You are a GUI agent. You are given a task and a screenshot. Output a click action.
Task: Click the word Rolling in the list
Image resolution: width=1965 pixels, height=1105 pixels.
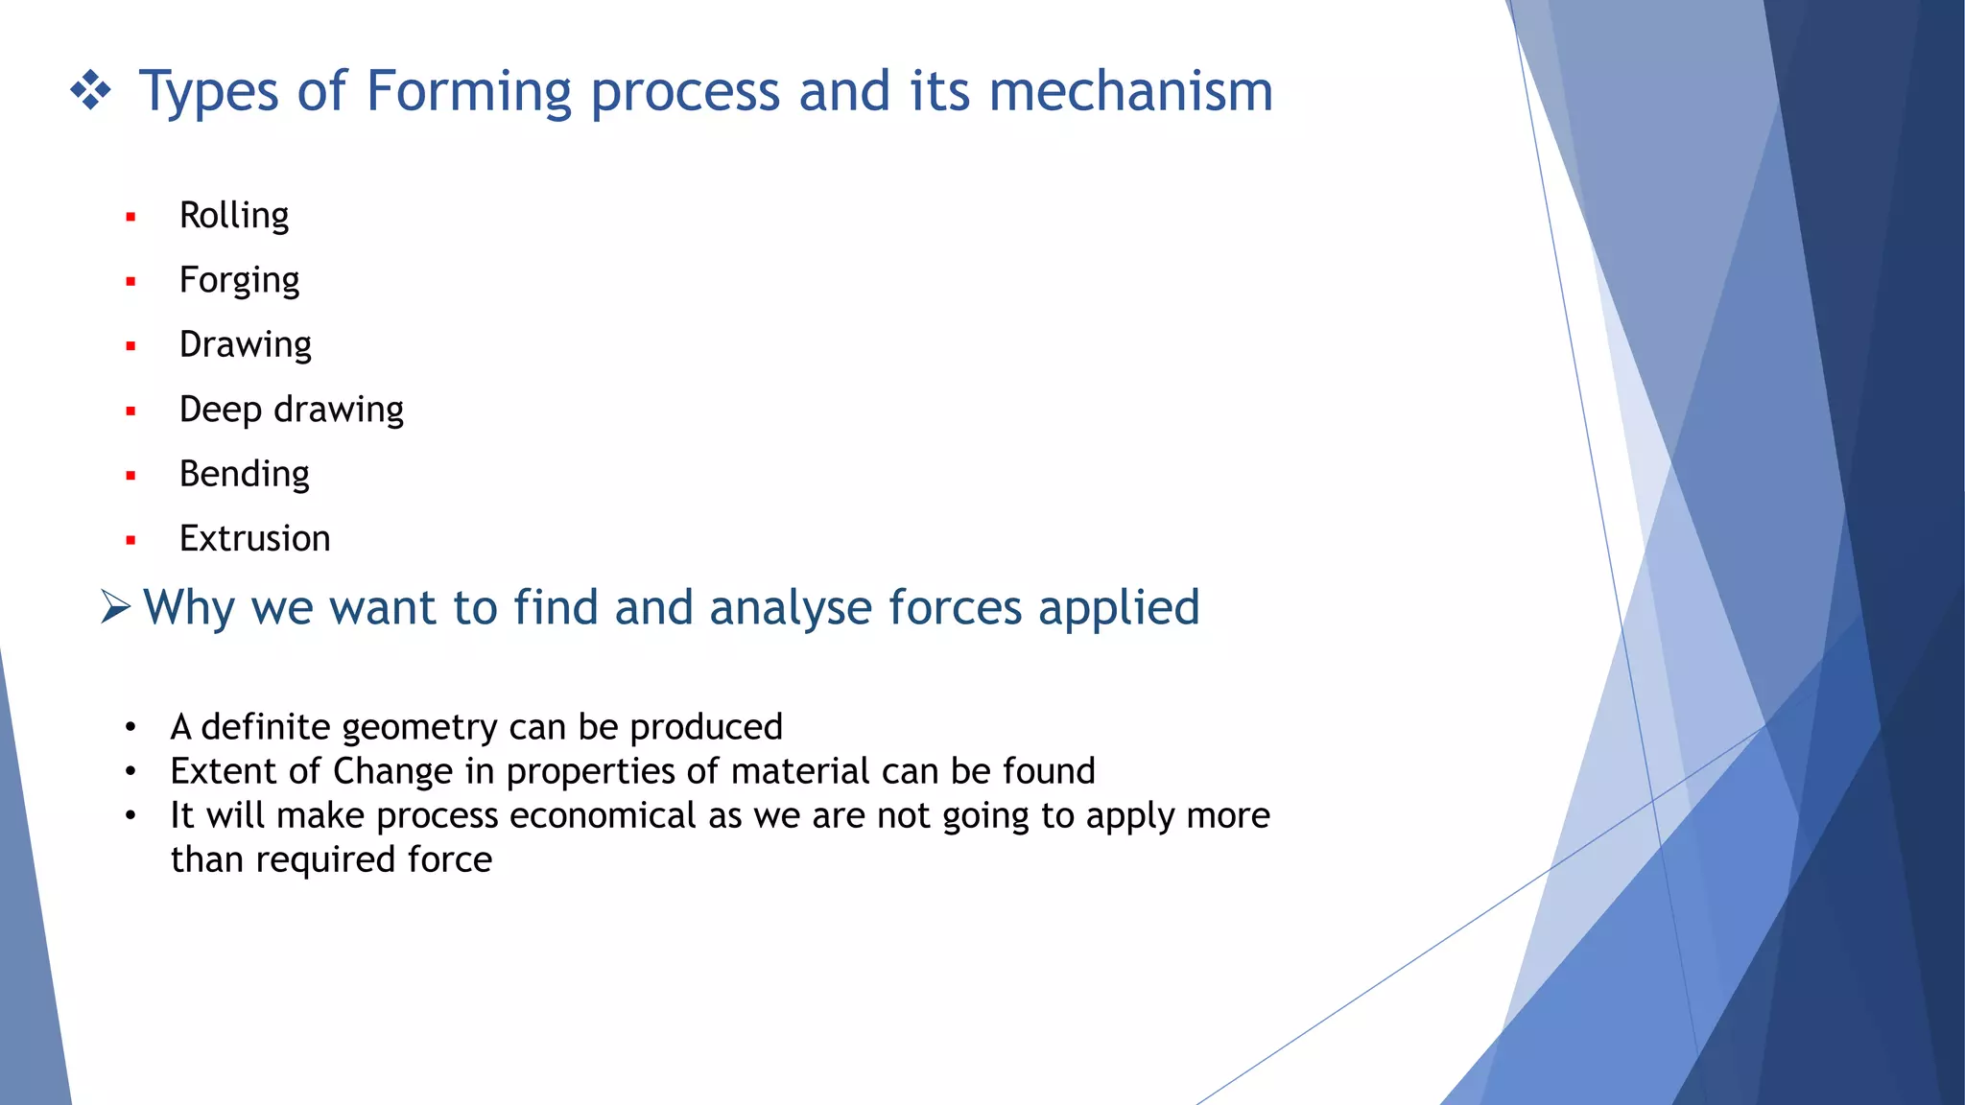pos(233,216)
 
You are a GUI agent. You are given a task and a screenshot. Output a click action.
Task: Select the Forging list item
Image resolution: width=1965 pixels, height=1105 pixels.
pos(239,280)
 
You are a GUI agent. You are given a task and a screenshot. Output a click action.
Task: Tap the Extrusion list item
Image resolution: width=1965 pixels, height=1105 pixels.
pos(254,539)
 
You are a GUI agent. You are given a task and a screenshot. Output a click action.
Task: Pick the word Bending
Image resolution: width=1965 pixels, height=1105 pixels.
pos(244,475)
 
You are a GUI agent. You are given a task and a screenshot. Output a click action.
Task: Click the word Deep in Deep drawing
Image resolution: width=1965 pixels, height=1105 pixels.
pos(220,411)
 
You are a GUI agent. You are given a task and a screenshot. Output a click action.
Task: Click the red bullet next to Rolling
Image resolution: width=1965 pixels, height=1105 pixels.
pos(130,218)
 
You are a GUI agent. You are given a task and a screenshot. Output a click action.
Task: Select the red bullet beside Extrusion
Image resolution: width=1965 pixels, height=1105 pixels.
pos(130,541)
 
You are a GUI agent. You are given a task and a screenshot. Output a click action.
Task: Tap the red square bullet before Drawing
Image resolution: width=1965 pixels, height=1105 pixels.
pos(130,346)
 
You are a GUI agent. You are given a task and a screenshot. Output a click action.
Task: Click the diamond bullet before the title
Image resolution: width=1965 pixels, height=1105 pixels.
pos(91,91)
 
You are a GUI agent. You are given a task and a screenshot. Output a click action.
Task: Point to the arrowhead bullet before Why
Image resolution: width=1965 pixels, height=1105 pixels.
pos(115,607)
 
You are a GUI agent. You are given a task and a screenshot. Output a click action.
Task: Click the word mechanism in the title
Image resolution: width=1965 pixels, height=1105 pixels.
pos(1130,91)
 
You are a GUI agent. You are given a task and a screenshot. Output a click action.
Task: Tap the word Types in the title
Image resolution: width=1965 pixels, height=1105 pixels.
pos(209,93)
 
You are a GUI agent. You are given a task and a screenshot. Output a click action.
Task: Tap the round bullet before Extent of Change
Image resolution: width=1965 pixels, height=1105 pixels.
pos(130,771)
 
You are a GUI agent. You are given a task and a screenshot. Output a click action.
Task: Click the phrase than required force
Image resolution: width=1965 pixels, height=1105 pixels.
pos(331,860)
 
